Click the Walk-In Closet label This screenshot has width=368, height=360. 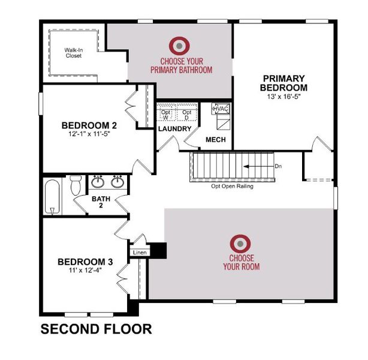pyautogui.click(x=74, y=53)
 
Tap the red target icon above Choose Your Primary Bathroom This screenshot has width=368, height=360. pyautogui.click(x=179, y=46)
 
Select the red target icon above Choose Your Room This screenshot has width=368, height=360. pyautogui.click(x=240, y=244)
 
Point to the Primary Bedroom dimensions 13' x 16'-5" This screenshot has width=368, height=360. pyautogui.click(x=283, y=97)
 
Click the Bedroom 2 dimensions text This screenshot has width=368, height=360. pyautogui.click(x=89, y=134)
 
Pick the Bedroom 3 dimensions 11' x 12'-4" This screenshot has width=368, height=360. pyautogui.click(x=85, y=270)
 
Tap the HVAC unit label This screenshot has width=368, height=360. pyautogui.click(x=221, y=109)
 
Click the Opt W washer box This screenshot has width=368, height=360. pyautogui.click(x=166, y=112)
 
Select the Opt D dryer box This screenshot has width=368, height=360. pyautogui.click(x=187, y=112)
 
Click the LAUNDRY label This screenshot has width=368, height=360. pyautogui.click(x=175, y=129)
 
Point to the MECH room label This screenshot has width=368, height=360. pyautogui.click(x=216, y=140)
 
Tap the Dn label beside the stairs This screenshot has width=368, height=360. pyautogui.click(x=278, y=166)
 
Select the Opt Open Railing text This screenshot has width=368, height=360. pyautogui.click(x=232, y=187)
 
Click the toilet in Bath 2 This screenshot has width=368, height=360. pyautogui.click(x=76, y=185)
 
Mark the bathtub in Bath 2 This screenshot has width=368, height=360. pyautogui.click(x=52, y=197)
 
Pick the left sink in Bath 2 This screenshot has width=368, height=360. pyautogui.click(x=98, y=182)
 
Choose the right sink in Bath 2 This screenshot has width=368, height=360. pyautogui.click(x=117, y=182)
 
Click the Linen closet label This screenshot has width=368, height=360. pyautogui.click(x=140, y=253)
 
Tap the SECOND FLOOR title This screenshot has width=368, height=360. pyautogui.click(x=96, y=329)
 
